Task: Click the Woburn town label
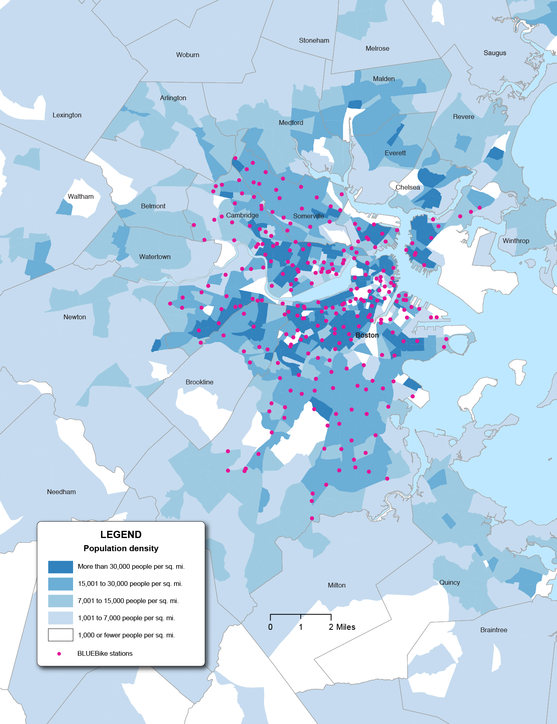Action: pyautogui.click(x=188, y=55)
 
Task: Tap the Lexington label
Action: pyautogui.click(x=67, y=115)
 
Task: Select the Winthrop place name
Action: pyautogui.click(x=515, y=241)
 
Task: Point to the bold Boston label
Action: pyautogui.click(x=367, y=335)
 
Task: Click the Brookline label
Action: pyautogui.click(x=199, y=382)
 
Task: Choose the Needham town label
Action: pyautogui.click(x=61, y=492)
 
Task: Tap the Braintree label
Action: pyautogui.click(x=494, y=630)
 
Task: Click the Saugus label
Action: pyautogui.click(x=495, y=53)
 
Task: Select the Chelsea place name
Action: pyautogui.click(x=408, y=187)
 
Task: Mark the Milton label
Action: pyautogui.click(x=337, y=585)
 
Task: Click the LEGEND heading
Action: pyautogui.click(x=121, y=534)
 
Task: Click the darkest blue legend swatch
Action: pyautogui.click(x=60, y=567)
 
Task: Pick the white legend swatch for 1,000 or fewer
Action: pyautogui.click(x=60, y=635)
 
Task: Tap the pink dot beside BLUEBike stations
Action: pyautogui.click(x=59, y=654)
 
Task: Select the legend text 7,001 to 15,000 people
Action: pyautogui.click(x=128, y=601)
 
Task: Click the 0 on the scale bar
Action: pyautogui.click(x=270, y=627)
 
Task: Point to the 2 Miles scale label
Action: pyautogui.click(x=342, y=627)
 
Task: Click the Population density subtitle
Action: pyautogui.click(x=121, y=548)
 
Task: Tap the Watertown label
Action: pyautogui.click(x=155, y=257)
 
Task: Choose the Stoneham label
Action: pyautogui.click(x=314, y=40)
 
